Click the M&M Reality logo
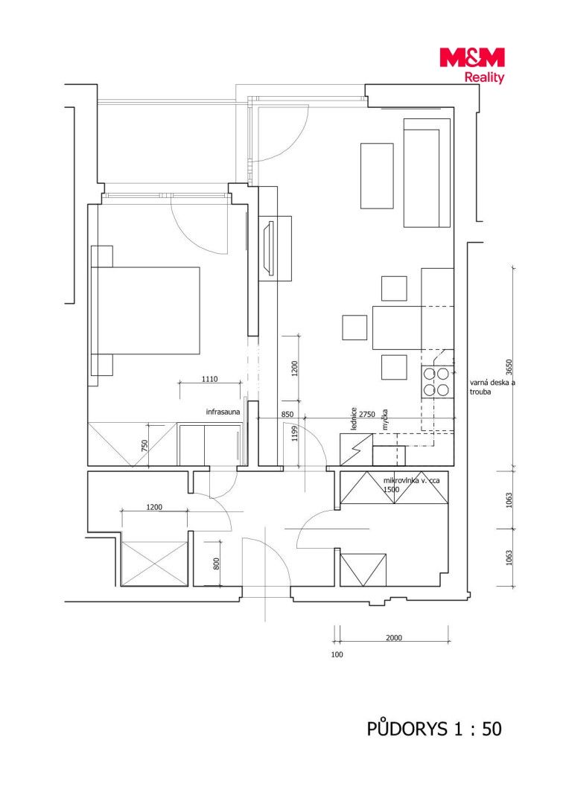[472, 65]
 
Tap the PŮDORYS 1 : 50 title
[434, 729]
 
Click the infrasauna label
[223, 412]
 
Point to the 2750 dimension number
[367, 415]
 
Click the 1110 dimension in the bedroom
[209, 379]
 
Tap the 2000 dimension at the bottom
[393, 638]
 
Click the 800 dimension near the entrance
[217, 564]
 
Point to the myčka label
[385, 419]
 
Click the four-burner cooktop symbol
[436, 383]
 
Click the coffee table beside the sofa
[377, 176]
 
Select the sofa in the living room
[427, 173]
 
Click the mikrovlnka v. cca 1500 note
[411, 485]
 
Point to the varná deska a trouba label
[492, 387]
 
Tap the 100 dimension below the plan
[337, 654]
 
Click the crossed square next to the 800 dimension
[154, 563]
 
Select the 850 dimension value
[287, 415]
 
